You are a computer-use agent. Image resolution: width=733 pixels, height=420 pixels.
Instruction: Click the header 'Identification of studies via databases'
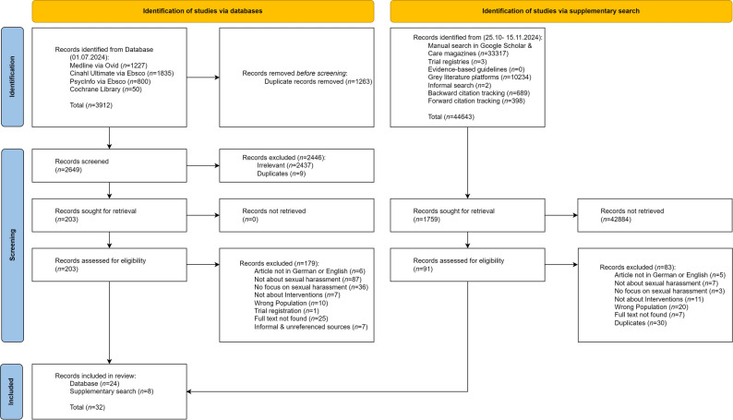(203, 11)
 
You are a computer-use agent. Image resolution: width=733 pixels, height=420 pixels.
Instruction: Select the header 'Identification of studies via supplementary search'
(561, 11)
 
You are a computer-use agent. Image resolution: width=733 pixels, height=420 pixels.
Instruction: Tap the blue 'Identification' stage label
(12, 78)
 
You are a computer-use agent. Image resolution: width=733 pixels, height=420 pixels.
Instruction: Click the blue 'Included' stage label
(12, 391)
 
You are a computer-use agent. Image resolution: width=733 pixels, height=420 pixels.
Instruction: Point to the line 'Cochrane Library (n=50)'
(105, 90)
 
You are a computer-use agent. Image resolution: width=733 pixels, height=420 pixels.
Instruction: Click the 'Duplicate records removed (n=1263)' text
(318, 81)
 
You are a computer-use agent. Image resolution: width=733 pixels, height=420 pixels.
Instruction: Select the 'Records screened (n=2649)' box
(109, 165)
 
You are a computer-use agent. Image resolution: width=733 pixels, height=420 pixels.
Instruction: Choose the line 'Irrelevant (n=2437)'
(285, 165)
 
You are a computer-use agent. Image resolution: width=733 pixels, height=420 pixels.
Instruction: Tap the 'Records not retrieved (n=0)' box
(297, 215)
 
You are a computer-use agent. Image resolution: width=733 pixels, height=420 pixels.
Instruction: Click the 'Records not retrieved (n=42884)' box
(655, 215)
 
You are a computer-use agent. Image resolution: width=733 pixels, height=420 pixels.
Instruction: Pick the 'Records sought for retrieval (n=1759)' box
(467, 215)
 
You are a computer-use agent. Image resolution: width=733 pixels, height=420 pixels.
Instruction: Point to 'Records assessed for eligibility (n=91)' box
(467, 265)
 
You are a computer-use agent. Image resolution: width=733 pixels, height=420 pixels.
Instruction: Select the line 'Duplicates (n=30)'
(641, 323)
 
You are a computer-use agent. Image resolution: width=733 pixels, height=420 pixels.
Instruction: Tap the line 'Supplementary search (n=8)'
(112, 391)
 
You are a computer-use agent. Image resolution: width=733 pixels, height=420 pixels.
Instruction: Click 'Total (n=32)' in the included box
(88, 407)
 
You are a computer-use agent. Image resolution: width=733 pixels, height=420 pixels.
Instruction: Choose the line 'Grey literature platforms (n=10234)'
(480, 78)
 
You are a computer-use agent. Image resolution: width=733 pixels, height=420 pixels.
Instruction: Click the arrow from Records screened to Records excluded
(203, 165)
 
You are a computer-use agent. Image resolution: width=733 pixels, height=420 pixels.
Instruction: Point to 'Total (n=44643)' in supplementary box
(451, 117)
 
